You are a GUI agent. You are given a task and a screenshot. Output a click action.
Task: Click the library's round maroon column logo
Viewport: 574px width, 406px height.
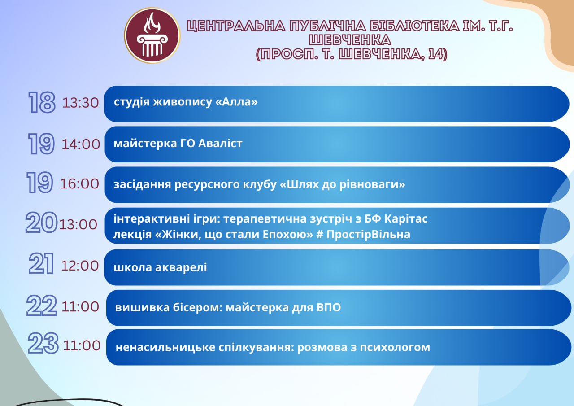click(x=152, y=35)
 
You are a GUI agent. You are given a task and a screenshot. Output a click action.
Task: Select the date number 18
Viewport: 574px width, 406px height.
click(x=42, y=102)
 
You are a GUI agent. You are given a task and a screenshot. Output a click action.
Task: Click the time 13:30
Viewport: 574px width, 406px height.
click(x=80, y=103)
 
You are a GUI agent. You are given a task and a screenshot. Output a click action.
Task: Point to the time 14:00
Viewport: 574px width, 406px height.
click(x=81, y=144)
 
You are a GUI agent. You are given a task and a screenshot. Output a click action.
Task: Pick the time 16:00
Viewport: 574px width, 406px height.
click(x=79, y=184)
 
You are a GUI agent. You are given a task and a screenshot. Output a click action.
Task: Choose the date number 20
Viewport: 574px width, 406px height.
click(x=41, y=222)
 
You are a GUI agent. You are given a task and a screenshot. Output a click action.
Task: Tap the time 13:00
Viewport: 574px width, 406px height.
click(x=78, y=224)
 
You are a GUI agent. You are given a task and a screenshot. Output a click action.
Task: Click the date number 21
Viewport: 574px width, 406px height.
click(x=41, y=263)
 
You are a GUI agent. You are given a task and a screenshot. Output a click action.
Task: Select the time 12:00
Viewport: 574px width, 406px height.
click(x=80, y=266)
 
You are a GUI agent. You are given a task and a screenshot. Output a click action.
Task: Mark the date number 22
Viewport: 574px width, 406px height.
click(x=42, y=305)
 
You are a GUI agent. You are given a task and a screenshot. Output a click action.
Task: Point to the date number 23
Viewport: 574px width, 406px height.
click(x=43, y=343)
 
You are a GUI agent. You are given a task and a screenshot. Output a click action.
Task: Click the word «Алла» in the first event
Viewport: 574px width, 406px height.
click(x=236, y=102)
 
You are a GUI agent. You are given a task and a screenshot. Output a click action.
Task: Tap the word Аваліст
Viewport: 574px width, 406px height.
click(x=220, y=143)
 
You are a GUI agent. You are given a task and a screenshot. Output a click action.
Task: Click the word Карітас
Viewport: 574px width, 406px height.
click(x=406, y=218)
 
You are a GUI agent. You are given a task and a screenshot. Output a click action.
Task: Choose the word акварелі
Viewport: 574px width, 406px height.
click(x=181, y=267)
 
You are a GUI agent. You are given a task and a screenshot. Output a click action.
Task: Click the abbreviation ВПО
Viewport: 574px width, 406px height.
click(x=329, y=307)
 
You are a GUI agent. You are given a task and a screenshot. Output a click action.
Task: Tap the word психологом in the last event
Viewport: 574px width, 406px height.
click(x=395, y=348)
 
